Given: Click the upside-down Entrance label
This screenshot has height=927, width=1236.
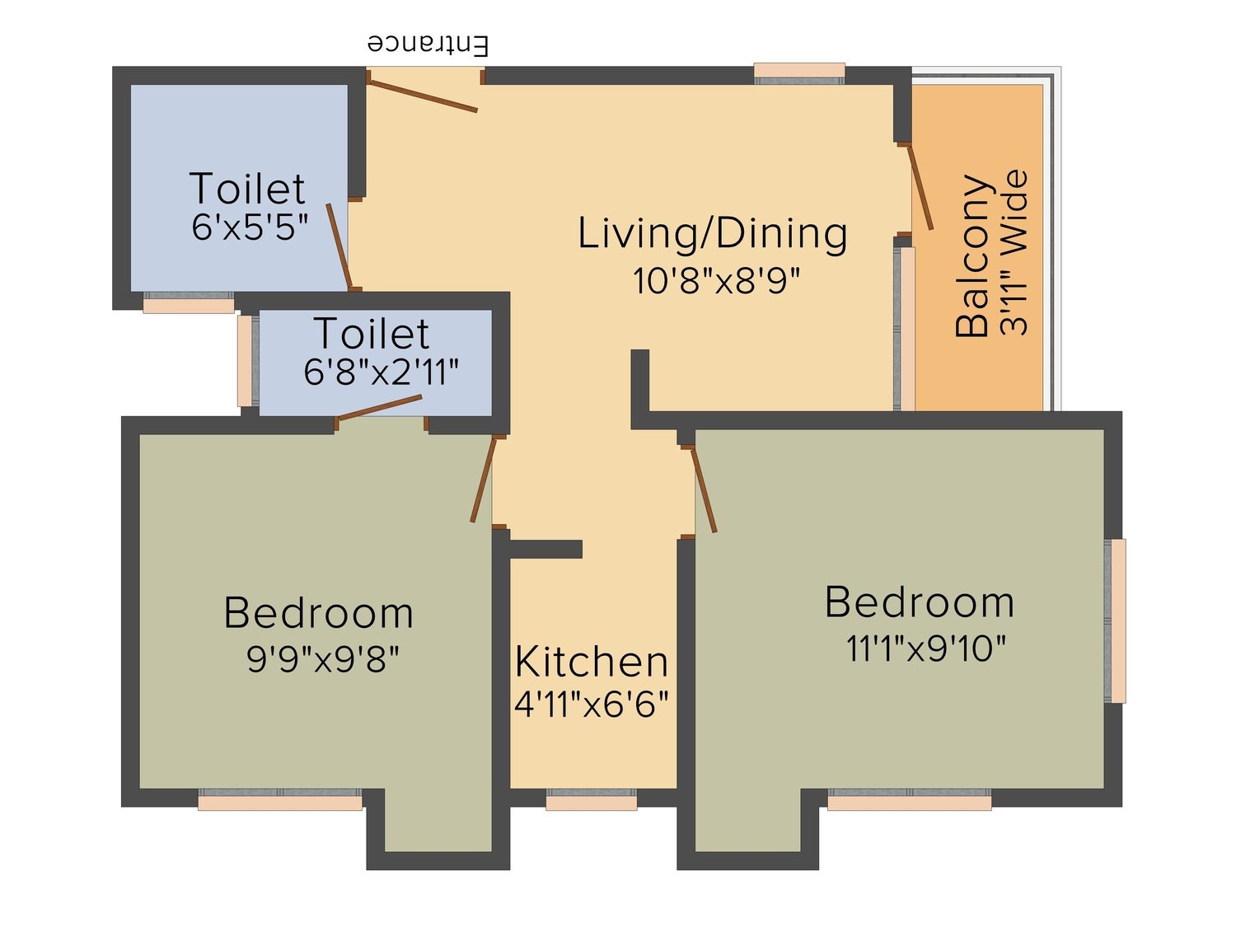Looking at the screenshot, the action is coord(428,44).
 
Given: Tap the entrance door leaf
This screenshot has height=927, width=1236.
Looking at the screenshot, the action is coord(423,96).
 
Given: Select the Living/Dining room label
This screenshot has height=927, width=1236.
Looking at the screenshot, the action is coord(712,233).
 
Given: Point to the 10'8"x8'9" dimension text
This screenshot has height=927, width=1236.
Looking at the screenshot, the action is coord(716,281).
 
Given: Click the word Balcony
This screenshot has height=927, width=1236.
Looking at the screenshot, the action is coord(972,256).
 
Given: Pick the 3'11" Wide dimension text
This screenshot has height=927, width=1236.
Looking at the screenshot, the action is coord(1014,253).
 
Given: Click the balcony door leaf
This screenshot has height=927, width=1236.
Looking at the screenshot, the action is coord(920,186).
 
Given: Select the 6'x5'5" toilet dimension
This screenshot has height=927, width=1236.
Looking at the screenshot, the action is coord(250,228).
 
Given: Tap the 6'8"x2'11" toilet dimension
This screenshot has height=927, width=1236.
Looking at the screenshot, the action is coord(382,372).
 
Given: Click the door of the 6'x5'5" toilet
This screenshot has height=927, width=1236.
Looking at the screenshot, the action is coord(340,246).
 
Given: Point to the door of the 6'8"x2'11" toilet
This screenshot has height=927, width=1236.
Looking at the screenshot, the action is coord(379,408).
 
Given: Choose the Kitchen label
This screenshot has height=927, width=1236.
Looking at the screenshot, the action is coord(592,662).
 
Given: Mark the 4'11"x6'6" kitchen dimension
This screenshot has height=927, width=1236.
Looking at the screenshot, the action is coord(592,705).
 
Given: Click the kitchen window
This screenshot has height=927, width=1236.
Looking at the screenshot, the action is coord(592,799).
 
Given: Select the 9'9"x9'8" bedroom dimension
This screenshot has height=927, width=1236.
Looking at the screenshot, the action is coord(323,659).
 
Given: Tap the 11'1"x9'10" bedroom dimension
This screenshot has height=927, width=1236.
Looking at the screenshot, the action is coord(926,648).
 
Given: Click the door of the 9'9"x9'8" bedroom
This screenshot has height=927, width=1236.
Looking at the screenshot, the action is coord(484,480).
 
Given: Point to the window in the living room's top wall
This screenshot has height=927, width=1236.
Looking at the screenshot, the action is coord(799,73).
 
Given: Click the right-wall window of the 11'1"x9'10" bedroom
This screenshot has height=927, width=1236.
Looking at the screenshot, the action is coord(1115,620).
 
